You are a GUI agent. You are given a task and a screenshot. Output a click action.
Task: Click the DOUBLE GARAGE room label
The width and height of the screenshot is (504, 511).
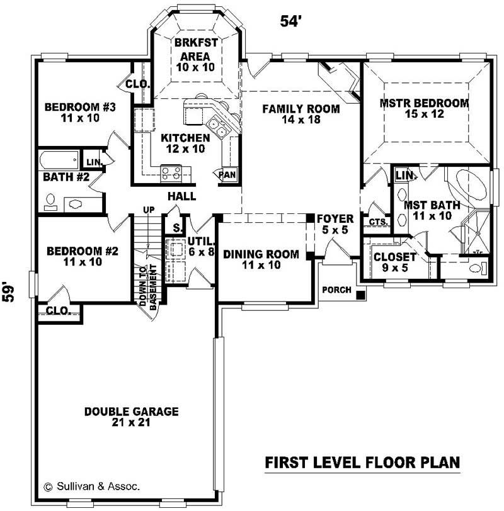click(x=131, y=417)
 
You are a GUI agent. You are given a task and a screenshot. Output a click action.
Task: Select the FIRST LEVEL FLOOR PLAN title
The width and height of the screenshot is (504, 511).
click(x=362, y=463)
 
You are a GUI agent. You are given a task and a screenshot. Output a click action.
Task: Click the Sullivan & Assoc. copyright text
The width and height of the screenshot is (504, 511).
click(x=91, y=486)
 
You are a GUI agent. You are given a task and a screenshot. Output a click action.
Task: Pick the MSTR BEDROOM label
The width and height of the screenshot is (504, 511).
click(x=424, y=108)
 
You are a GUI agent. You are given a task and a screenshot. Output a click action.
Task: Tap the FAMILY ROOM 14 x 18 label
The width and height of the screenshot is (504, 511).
click(x=301, y=114)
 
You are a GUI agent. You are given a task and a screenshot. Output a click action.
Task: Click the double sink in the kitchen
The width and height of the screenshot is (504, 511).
click(x=219, y=128)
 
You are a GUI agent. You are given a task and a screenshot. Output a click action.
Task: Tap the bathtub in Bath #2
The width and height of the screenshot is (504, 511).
click(x=59, y=159)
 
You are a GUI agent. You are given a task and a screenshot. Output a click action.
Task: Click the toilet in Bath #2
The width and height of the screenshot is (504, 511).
click(x=50, y=201)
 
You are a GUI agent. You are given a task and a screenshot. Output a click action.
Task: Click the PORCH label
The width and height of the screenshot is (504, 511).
click(x=336, y=289)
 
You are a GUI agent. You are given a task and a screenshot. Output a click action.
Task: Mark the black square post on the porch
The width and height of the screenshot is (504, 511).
click(x=360, y=295)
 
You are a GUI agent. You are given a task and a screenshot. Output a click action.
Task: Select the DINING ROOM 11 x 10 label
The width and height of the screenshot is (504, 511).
click(x=261, y=259)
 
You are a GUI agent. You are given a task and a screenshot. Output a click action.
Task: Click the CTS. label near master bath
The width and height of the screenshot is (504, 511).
click(x=377, y=222)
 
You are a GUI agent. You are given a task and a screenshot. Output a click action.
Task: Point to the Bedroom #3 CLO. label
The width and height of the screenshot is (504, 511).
click(x=137, y=84)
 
